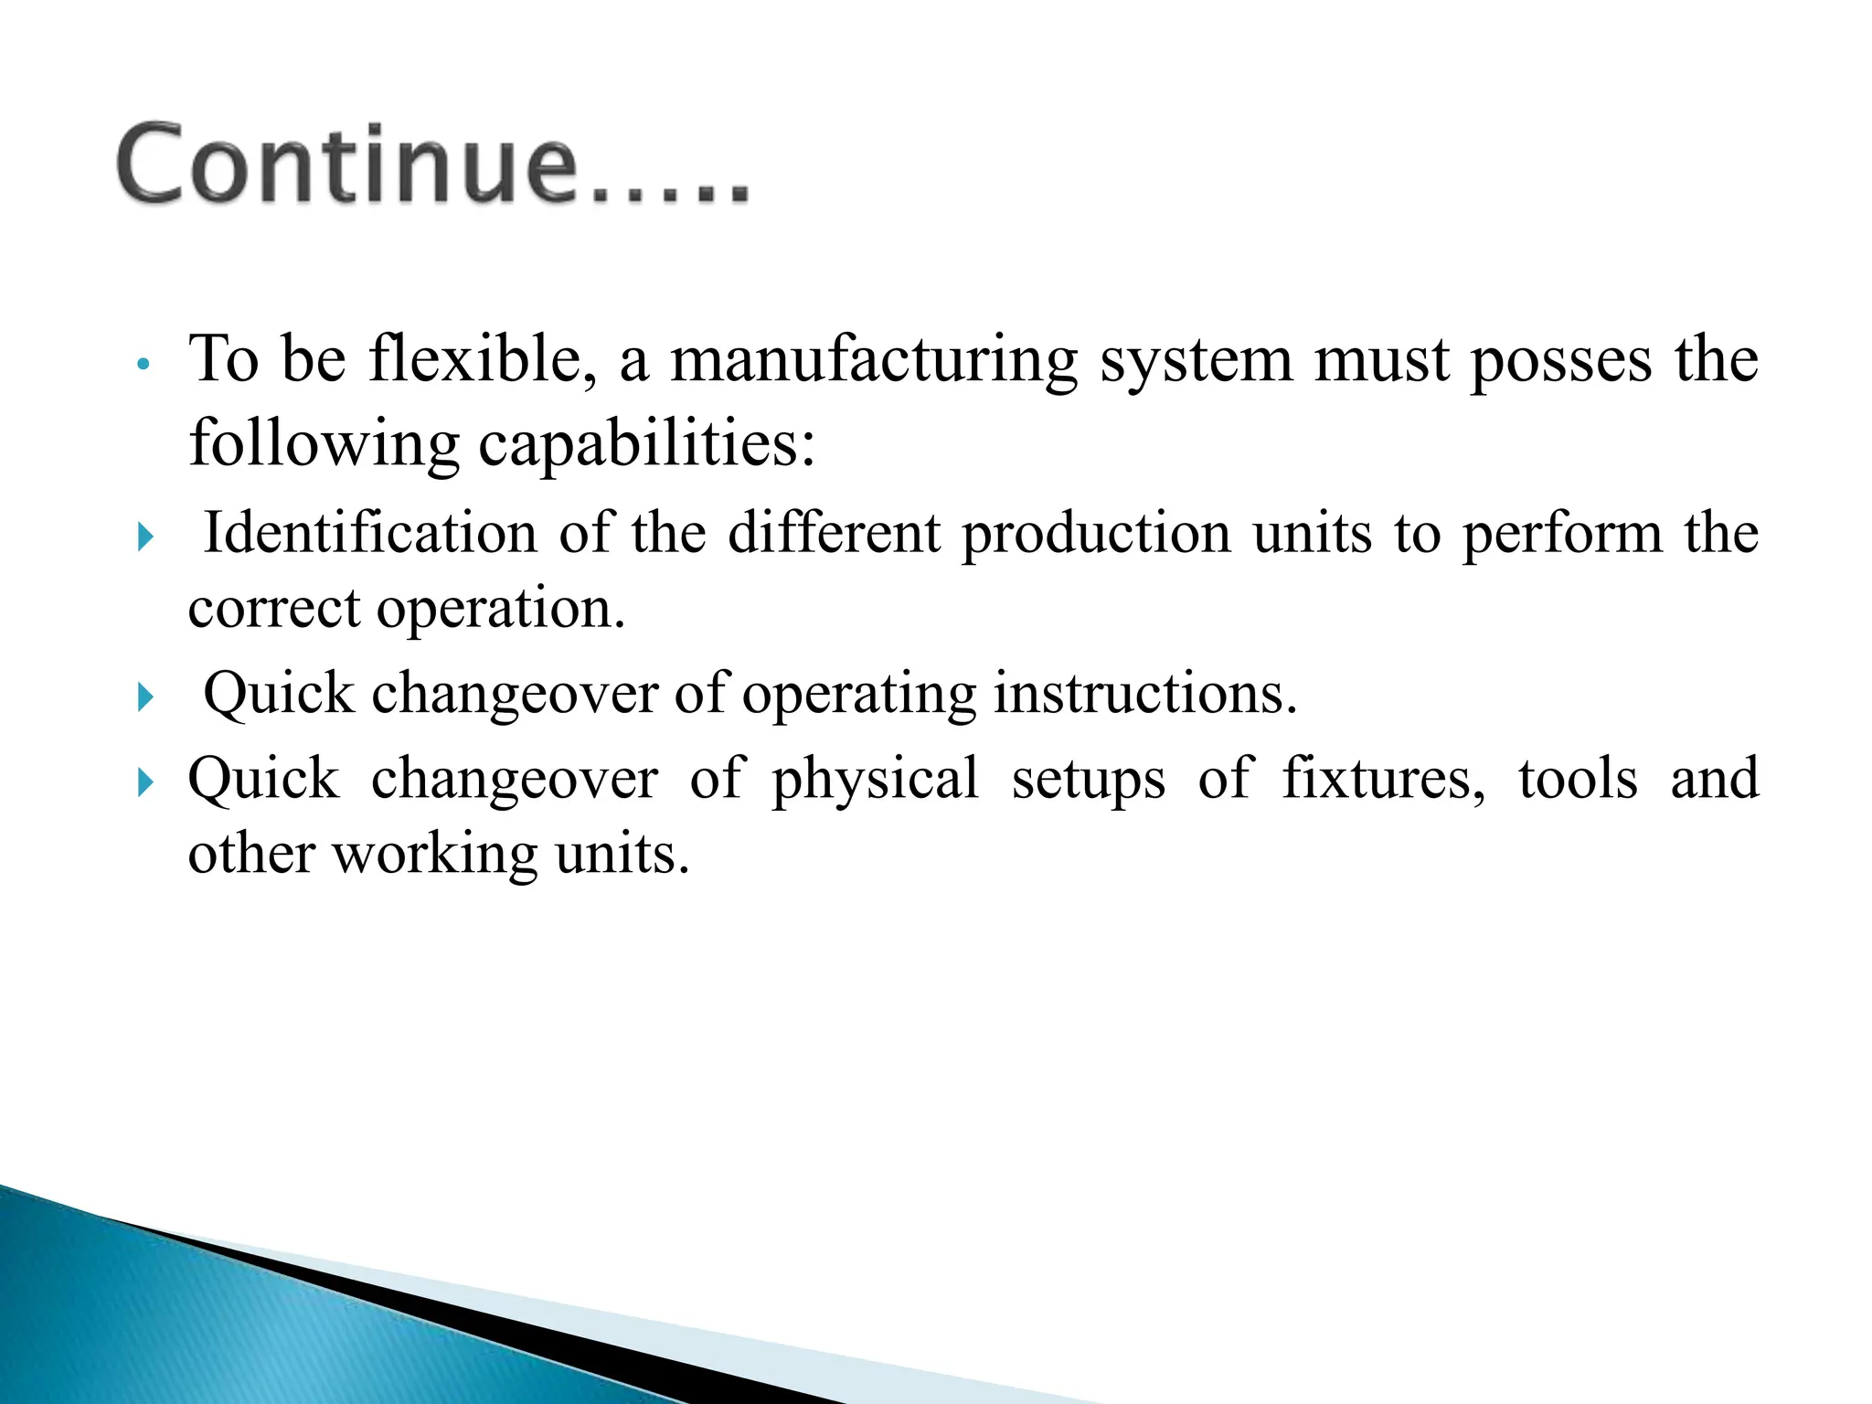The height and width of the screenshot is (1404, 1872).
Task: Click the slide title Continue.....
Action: [x=432, y=165]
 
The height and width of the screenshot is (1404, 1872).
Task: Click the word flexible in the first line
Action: [x=483, y=359]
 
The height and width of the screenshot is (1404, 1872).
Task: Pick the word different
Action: [x=834, y=533]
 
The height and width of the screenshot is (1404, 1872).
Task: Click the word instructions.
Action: [x=1145, y=694]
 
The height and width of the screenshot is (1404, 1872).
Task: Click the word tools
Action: [x=1579, y=778]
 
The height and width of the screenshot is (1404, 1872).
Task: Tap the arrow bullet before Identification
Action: [x=145, y=537]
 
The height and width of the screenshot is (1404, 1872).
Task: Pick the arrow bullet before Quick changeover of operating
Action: [x=145, y=697]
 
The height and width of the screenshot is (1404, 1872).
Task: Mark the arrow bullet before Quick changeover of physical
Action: [x=145, y=782]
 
